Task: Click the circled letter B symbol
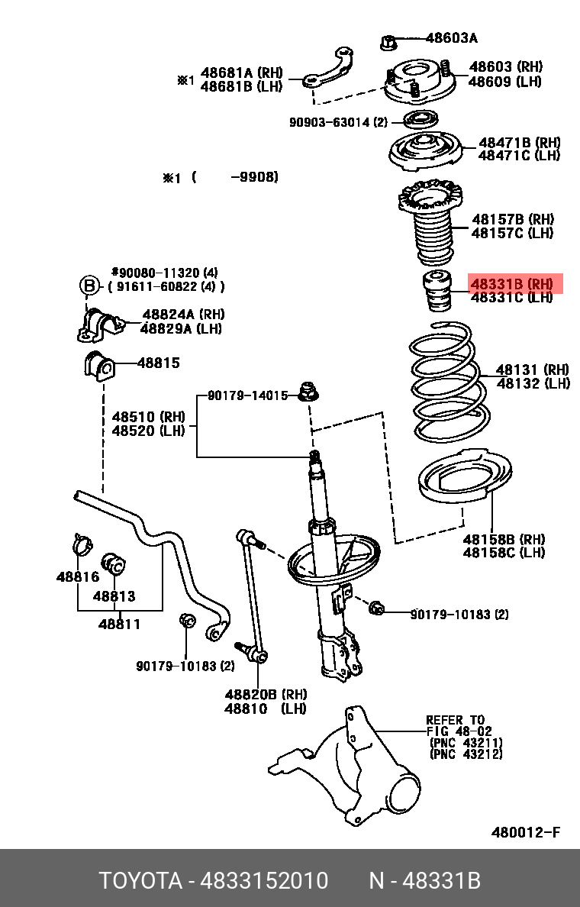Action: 90,286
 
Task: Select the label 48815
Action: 159,363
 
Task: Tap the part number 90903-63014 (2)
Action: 337,122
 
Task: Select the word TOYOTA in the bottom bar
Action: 140,881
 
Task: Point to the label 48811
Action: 119,625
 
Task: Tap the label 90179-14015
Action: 248,395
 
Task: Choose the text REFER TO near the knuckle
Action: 455,720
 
